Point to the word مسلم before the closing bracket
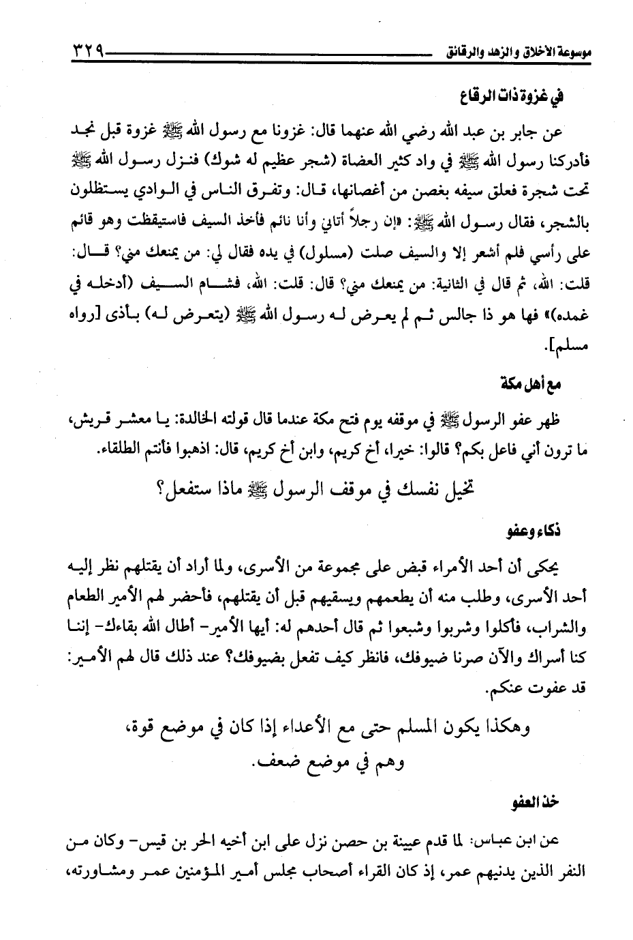(x=572, y=349)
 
